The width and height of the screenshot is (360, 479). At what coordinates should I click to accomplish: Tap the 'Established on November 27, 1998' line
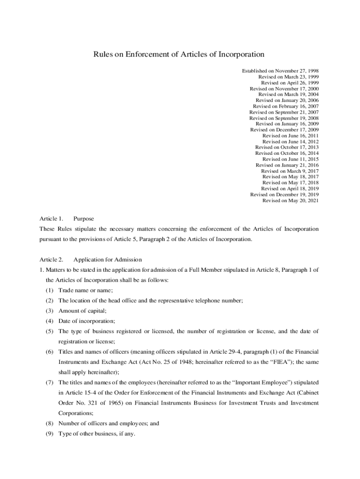280,71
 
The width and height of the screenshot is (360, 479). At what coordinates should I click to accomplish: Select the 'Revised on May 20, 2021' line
290,201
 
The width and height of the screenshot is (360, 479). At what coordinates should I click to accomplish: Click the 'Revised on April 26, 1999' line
290,82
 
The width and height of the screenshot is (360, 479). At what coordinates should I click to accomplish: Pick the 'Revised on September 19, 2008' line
284,118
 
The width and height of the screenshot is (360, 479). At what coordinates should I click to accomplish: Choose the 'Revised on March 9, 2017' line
290,171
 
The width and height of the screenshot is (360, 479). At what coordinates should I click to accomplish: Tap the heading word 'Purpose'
84,218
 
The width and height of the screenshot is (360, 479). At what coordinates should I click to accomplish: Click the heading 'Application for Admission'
108,260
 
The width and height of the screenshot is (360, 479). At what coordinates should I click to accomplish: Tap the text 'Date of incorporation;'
86,321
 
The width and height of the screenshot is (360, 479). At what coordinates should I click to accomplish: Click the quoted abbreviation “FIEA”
266,362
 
